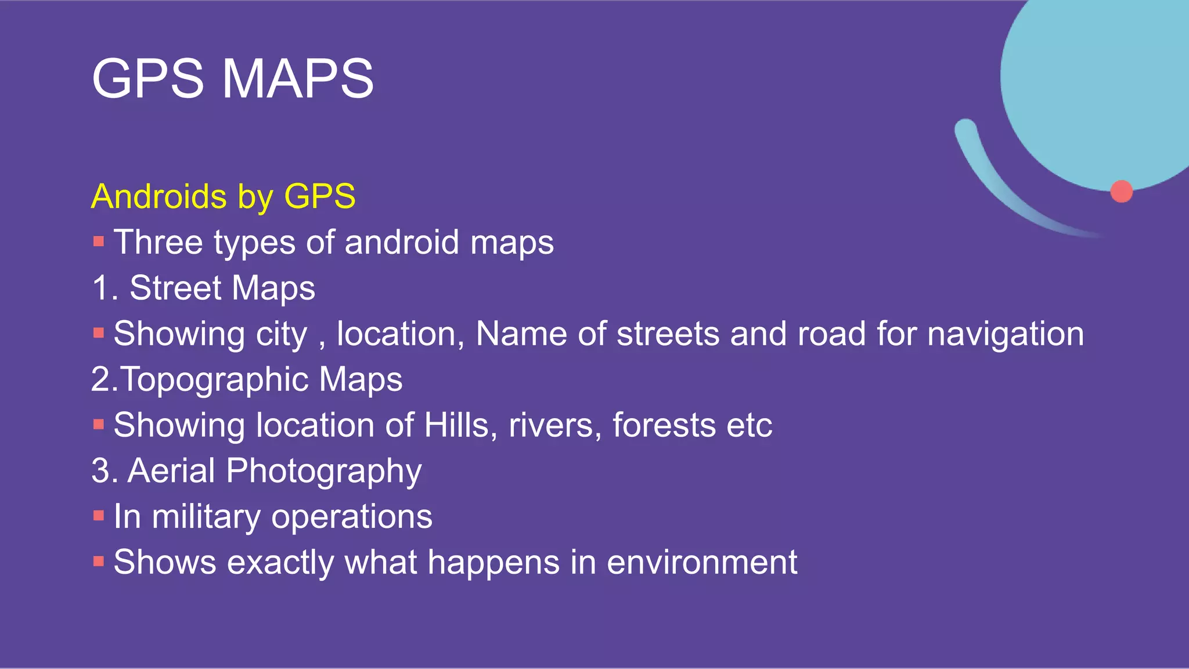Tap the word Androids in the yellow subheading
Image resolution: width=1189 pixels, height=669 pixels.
(158, 196)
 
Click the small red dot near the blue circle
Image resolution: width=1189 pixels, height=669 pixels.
(1121, 191)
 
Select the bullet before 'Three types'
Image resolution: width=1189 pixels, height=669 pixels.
(99, 242)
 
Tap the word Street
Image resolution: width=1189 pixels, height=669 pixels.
(175, 288)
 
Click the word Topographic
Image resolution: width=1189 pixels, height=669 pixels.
(215, 380)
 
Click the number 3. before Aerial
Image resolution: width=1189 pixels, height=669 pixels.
(105, 470)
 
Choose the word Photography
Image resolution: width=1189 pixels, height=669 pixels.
(323, 472)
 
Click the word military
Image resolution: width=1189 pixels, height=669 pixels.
(206, 516)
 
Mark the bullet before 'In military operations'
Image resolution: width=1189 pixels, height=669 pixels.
(99, 516)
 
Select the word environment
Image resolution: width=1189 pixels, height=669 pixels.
(702, 562)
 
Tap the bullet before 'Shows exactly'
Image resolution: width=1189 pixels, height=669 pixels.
(99, 562)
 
